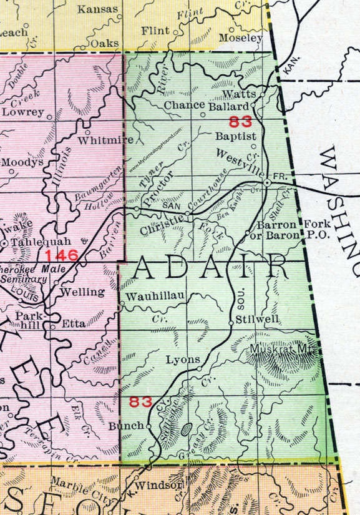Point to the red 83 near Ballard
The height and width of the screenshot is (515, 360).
[241, 121]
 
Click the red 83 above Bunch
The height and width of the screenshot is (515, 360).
[140, 403]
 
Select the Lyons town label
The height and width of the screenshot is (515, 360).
[183, 360]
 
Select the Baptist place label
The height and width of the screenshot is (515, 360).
[236, 135]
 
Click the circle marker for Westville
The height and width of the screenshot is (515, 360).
[267, 182]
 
